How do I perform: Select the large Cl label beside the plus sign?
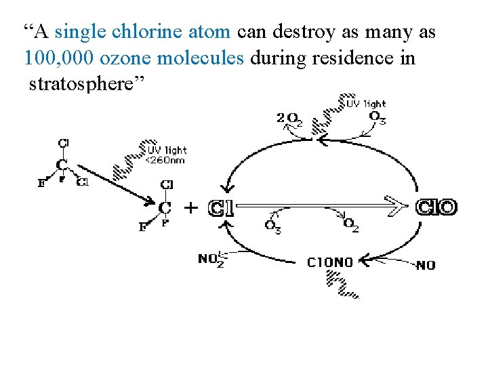coord(222,208)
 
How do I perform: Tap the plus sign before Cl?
coord(192,207)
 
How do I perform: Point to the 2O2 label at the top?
coord(289,119)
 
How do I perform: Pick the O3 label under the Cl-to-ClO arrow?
coord(272,226)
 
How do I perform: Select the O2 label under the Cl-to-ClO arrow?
coord(351,224)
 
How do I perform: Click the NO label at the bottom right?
coord(425,265)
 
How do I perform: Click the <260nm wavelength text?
coord(165,161)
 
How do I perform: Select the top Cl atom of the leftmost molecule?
coord(63,143)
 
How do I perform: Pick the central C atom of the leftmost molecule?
coord(62,165)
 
